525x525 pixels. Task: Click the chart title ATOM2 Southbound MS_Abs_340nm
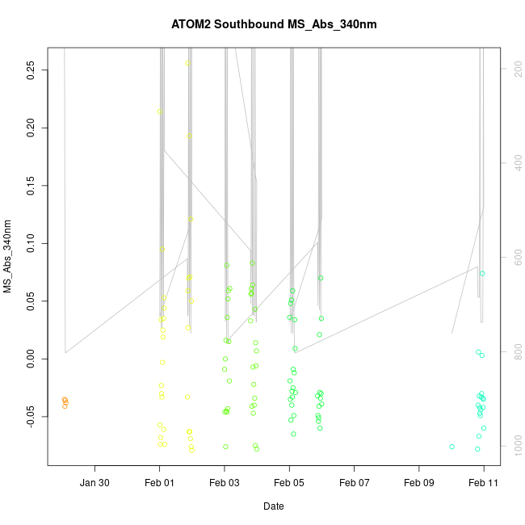274,24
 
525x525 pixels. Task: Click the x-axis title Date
273,506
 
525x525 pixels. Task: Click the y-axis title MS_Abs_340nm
8,256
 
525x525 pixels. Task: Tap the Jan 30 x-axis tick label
95,483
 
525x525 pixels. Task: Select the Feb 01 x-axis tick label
160,483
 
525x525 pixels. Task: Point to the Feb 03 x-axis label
225,483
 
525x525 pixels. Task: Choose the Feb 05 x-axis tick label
289,483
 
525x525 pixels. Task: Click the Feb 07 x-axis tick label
355,483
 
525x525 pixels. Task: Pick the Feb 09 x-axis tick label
419,483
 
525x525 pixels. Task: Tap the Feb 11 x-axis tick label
484,483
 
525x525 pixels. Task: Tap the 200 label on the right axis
514,69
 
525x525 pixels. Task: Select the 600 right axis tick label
514,258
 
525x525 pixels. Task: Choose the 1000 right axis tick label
514,446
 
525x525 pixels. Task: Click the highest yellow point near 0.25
187,63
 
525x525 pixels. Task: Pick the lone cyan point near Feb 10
451,447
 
